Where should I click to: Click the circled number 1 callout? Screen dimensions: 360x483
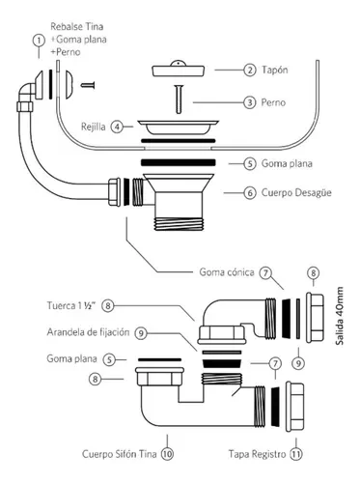[x=39, y=41]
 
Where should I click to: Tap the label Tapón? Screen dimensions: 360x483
[x=274, y=70]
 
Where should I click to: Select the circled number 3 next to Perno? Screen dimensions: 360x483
[x=250, y=102]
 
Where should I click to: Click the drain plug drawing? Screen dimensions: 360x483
[x=178, y=70]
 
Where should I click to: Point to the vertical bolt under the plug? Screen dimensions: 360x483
[x=179, y=99]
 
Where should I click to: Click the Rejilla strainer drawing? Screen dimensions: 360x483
[x=178, y=128]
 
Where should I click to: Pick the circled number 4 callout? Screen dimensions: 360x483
[x=117, y=127]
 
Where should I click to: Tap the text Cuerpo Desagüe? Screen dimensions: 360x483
[x=296, y=193]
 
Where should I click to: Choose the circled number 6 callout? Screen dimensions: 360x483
[x=250, y=193]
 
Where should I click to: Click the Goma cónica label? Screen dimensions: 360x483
[x=227, y=272]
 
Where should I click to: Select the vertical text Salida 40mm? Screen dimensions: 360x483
[x=340, y=316]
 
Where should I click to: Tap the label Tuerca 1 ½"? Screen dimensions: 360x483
[x=71, y=305]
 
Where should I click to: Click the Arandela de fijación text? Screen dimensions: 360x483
[x=88, y=332]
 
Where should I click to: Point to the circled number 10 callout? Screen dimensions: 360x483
[x=167, y=454]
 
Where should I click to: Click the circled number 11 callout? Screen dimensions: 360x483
[x=296, y=454]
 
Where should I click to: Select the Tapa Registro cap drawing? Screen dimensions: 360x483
[x=294, y=406]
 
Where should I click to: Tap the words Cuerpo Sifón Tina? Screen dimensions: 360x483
[x=120, y=454]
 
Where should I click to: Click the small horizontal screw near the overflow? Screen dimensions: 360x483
[x=88, y=85]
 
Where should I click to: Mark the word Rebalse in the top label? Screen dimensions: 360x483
[x=65, y=26]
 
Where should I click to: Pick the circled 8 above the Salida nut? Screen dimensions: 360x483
[x=313, y=273]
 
